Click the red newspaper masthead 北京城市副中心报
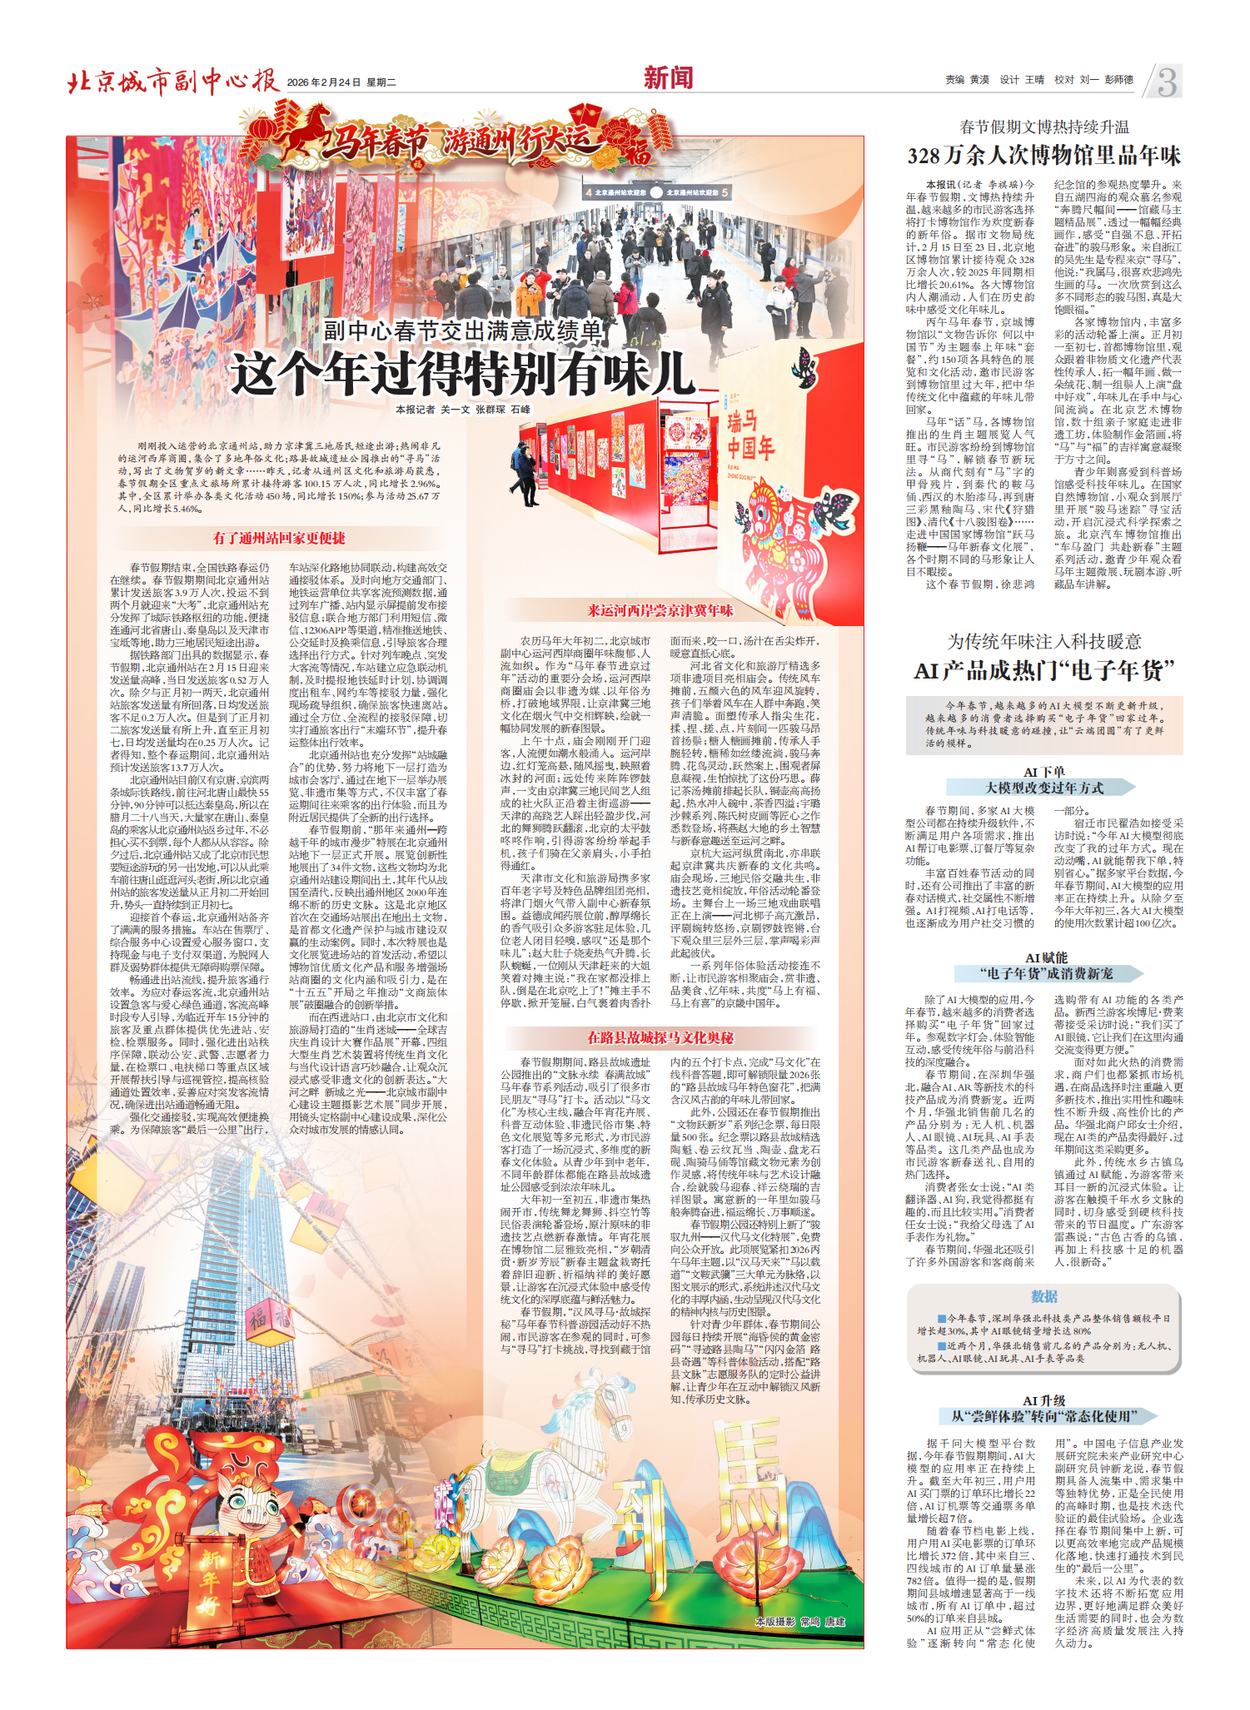pyautogui.click(x=172, y=82)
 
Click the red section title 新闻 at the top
pyautogui.click(x=668, y=78)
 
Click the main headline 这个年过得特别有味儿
pyautogui.click(x=462, y=374)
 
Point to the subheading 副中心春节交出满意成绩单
pyautogui.click(x=462, y=331)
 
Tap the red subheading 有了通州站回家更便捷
pyautogui.click(x=279, y=539)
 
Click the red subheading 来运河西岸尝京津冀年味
pyautogui.click(x=660, y=610)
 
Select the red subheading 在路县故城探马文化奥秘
pyautogui.click(x=660, y=1037)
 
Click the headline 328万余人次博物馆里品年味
pyautogui.click(x=1043, y=156)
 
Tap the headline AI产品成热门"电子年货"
pyautogui.click(x=1043, y=670)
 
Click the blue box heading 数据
pyautogui.click(x=1043, y=1296)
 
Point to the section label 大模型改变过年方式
pyautogui.click(x=1043, y=788)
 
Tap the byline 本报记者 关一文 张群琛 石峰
pyautogui.click(x=462, y=410)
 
